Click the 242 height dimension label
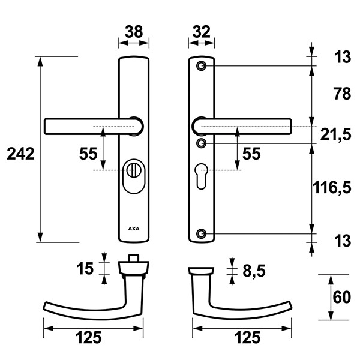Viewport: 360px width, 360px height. tap(20, 154)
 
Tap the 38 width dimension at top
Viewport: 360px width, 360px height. tap(134, 32)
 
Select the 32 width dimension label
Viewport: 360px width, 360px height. tap(202, 32)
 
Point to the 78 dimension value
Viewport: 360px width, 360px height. tap(342, 94)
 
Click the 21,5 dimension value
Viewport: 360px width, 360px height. tap(335, 134)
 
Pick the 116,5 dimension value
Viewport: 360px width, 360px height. tap(332, 187)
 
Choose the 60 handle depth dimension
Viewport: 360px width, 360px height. tap(342, 298)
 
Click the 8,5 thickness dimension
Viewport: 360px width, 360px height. tap(254, 271)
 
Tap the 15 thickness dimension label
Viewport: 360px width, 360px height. tap(85, 268)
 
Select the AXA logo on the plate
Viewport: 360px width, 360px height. tap(134, 229)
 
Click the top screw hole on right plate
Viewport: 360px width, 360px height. tap(202, 66)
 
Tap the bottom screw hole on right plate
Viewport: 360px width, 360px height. tap(202, 234)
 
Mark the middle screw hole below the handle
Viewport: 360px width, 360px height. tap(202, 143)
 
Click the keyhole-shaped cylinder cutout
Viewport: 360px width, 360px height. tap(202, 176)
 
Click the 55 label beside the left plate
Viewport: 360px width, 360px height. tap(88, 154)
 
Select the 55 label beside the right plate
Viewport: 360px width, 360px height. tap(251, 154)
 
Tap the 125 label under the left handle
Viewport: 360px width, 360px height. tap(89, 337)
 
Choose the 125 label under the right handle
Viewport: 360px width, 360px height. tap(247, 337)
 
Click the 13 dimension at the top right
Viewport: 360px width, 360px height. tap(343, 57)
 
